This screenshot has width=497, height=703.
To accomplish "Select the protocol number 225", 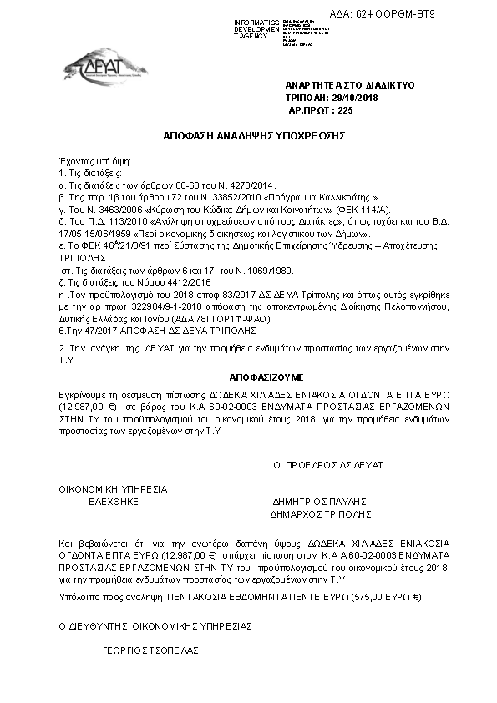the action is (345, 109).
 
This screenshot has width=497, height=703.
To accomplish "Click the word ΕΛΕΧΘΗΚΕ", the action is (113, 503).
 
